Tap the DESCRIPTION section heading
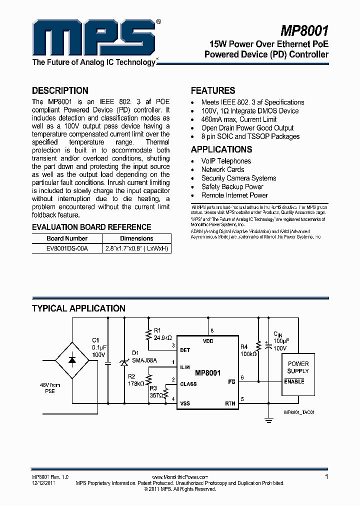point(60,90)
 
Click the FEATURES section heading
point(213,90)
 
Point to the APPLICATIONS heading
point(221,149)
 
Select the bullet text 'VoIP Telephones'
point(226,161)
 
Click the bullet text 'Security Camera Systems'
point(238,178)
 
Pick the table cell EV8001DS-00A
point(59,248)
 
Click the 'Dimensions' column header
point(136,238)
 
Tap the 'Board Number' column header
point(66,238)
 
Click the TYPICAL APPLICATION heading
point(78,308)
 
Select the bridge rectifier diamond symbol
point(71,359)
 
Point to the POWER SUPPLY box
point(298,371)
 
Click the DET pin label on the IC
point(185,350)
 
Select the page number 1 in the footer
point(326,477)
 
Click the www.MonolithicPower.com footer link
point(179,477)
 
